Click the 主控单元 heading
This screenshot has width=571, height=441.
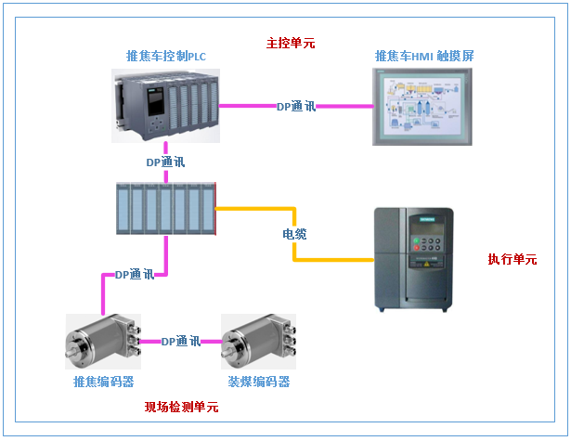click(291, 43)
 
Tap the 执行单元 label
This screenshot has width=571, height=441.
click(512, 259)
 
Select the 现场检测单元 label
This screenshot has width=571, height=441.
click(181, 407)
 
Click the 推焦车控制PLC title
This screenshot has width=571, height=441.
click(165, 57)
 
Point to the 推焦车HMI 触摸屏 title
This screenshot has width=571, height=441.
click(424, 57)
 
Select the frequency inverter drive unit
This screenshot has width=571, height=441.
click(415, 259)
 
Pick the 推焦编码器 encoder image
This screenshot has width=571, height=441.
click(103, 344)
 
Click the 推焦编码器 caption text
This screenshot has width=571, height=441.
click(103, 383)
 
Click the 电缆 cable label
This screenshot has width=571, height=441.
click(296, 234)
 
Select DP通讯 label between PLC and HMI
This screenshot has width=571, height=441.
click(296, 107)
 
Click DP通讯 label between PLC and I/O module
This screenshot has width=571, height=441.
click(165, 162)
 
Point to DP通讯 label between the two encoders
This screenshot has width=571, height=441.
click(181, 343)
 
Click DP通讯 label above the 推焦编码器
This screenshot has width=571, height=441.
click(134, 275)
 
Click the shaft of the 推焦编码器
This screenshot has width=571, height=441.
click(71, 354)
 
